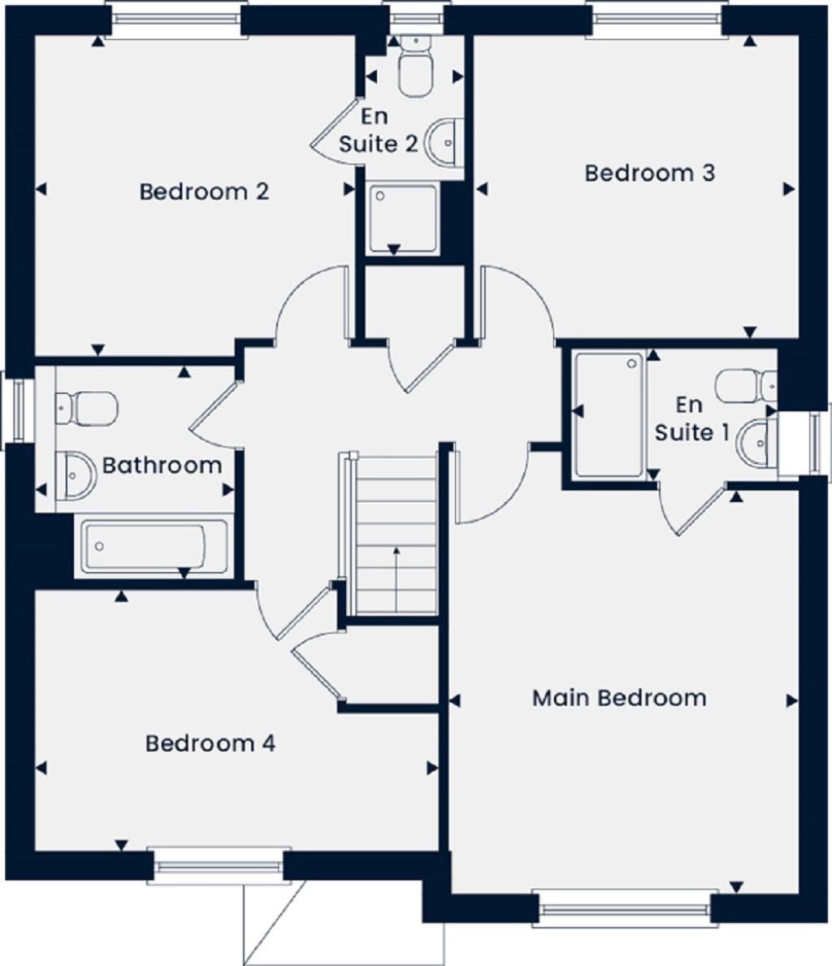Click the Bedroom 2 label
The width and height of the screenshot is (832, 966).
tap(204, 192)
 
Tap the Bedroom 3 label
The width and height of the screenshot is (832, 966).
tap(649, 173)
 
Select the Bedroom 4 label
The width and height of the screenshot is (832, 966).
tap(210, 743)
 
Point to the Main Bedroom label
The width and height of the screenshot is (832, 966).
tap(619, 698)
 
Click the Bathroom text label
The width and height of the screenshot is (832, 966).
tap(162, 466)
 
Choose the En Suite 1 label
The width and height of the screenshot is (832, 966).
tap(691, 418)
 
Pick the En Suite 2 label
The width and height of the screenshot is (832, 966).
tap(378, 130)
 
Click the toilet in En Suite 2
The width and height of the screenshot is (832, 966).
tap(415, 67)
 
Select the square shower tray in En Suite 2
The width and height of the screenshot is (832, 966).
tap(403, 219)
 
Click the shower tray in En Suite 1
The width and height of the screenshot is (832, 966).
tap(609, 414)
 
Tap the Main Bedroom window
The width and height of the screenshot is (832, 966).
tap(622, 908)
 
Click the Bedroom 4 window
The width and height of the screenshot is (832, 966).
tap(219, 867)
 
